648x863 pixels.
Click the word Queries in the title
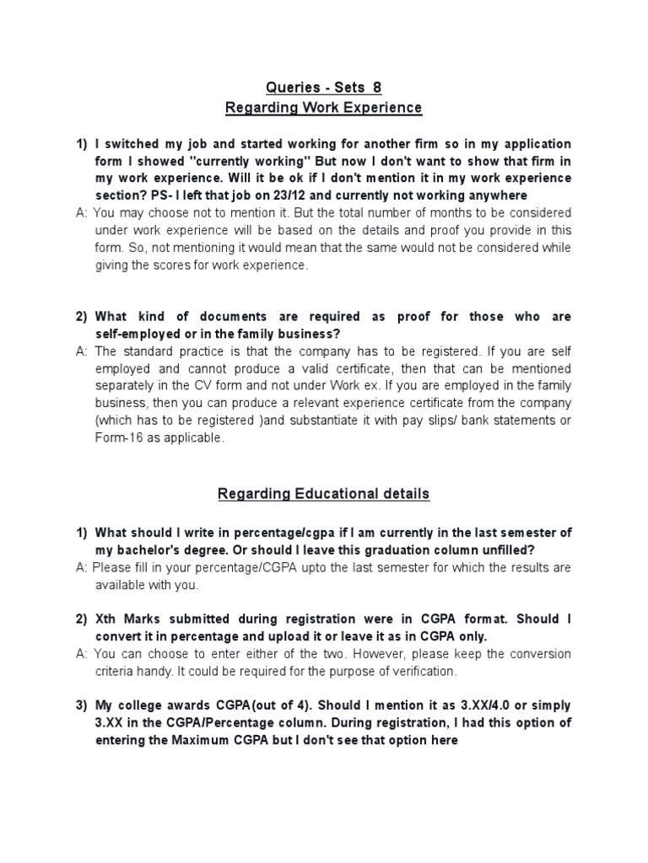[x=289, y=87]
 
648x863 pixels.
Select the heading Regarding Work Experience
[x=324, y=108]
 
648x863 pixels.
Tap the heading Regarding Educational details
[x=324, y=494]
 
